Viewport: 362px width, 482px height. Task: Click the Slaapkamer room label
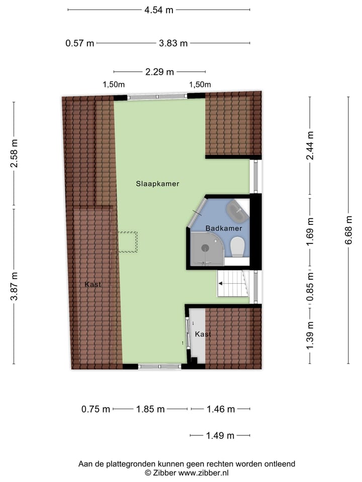point(157,184)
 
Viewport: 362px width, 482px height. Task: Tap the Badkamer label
point(224,228)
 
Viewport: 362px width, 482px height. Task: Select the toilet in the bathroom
point(237,246)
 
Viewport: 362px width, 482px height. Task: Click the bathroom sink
point(236,210)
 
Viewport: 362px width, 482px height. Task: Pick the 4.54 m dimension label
point(159,10)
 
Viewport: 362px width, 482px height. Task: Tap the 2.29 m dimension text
point(159,72)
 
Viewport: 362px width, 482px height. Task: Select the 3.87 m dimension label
point(14,286)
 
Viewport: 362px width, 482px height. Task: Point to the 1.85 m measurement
point(150,409)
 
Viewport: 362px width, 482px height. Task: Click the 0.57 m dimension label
point(80,43)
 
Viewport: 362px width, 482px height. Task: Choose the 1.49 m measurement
point(220,435)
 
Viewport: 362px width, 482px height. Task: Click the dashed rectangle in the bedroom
point(128,242)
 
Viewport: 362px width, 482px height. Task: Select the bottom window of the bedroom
point(159,367)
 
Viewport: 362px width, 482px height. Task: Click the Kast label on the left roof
point(93,284)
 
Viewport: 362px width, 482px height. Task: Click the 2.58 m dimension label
point(14,154)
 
